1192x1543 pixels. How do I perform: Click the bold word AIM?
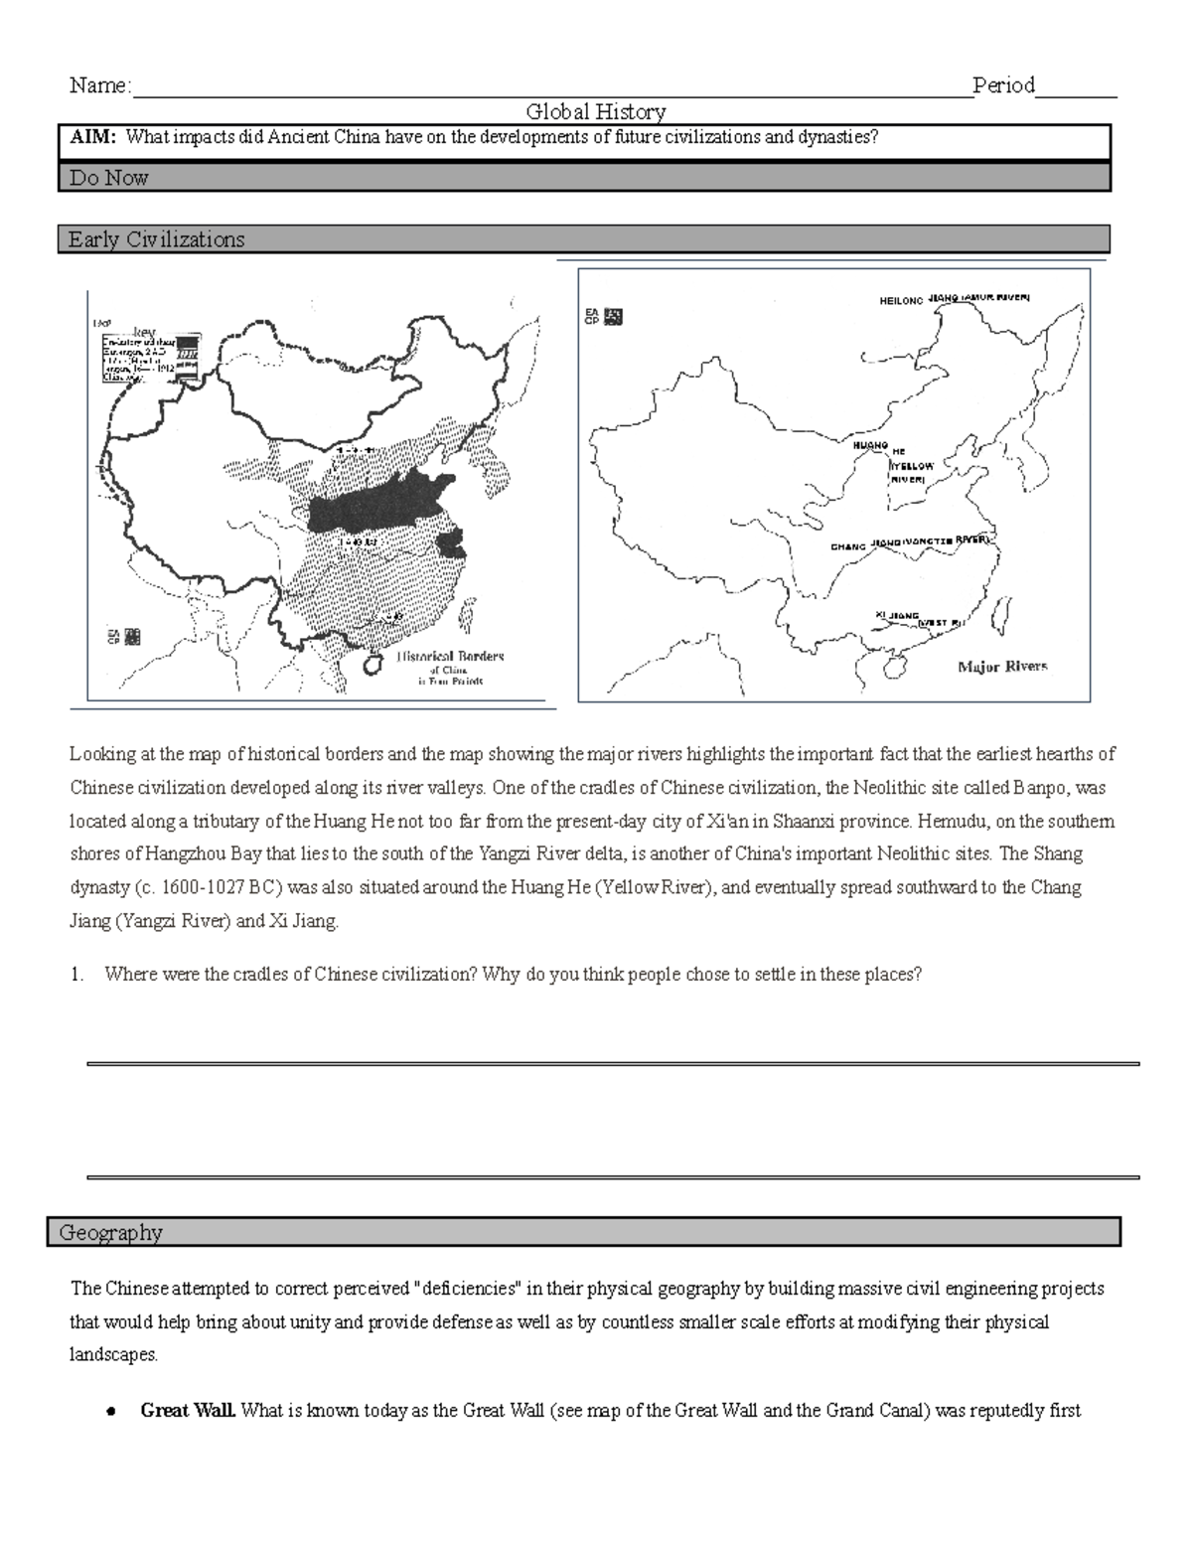(92, 138)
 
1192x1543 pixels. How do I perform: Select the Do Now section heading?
(108, 178)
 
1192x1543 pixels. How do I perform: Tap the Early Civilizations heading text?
(156, 239)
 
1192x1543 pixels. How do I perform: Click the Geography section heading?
(110, 1233)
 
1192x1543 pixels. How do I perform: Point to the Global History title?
(595, 112)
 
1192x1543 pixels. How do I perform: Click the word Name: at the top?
(99, 86)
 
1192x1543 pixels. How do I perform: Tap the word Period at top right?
(1003, 86)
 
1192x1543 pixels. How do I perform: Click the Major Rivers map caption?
(1001, 667)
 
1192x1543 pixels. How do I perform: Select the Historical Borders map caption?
(450, 657)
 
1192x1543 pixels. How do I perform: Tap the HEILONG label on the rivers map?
(901, 300)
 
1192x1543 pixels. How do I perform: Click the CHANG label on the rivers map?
(848, 547)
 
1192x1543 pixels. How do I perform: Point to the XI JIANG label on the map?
(897, 616)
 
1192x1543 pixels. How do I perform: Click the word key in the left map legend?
(144, 331)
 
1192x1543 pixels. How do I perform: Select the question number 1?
(76, 975)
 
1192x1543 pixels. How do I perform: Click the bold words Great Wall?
(188, 1410)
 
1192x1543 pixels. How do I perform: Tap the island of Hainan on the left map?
(372, 663)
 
